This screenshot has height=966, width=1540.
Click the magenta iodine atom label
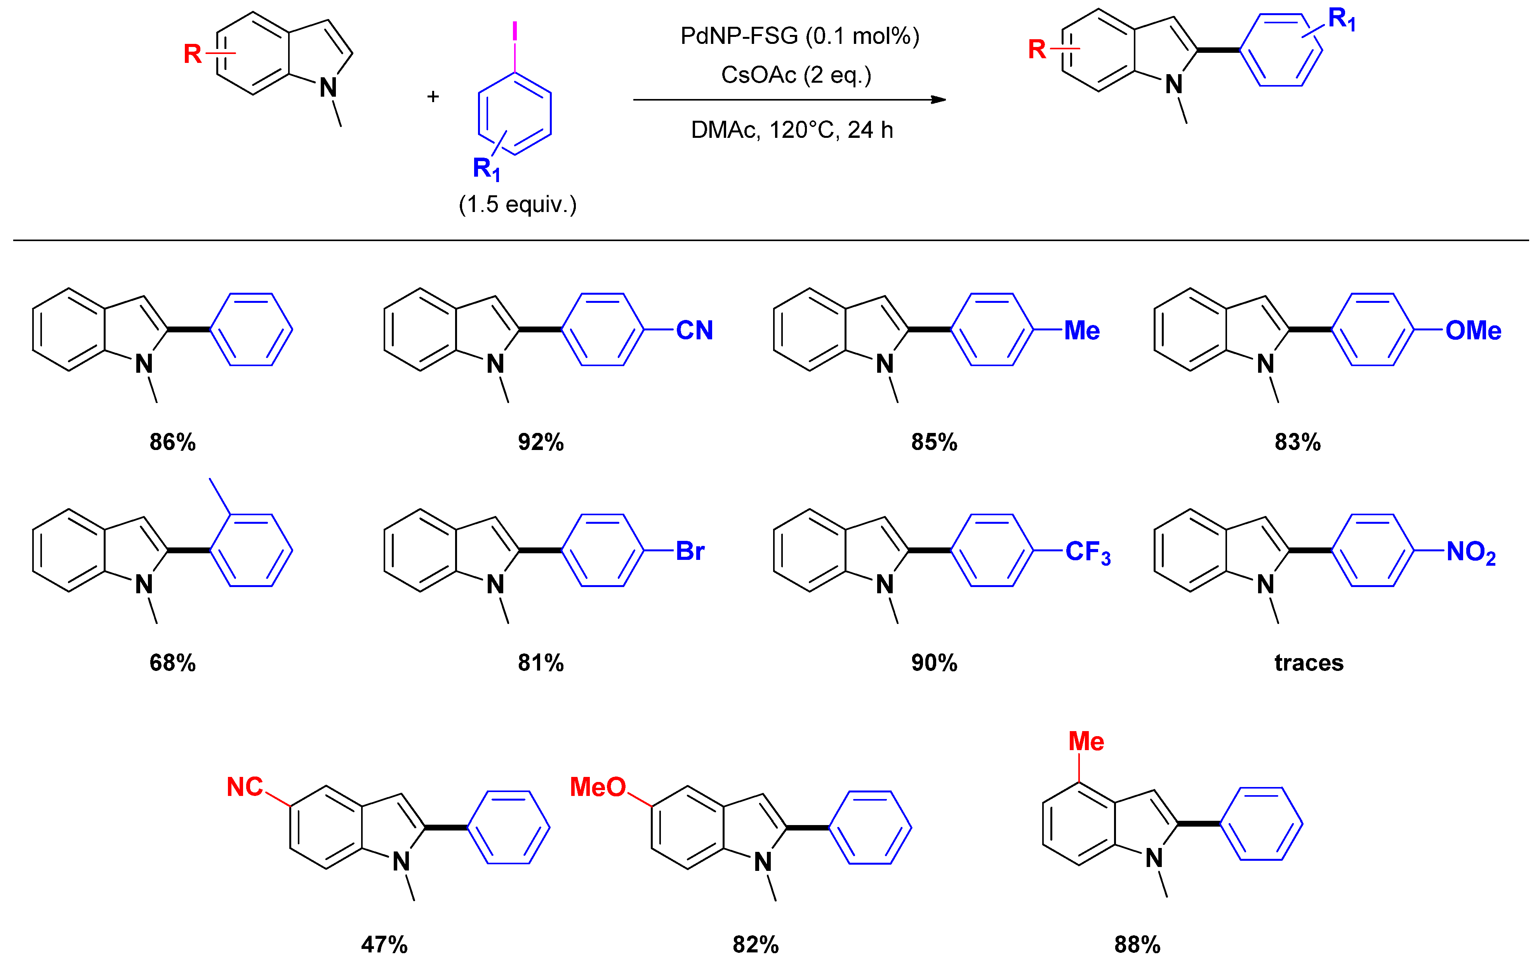pyautogui.click(x=514, y=31)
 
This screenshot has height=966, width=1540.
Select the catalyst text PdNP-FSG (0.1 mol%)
pyautogui.click(x=799, y=36)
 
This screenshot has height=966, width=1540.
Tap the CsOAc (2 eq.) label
pyautogui.click(x=796, y=75)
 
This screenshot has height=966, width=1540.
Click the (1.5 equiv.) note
pyautogui.click(x=517, y=205)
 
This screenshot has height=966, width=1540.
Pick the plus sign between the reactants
pyautogui.click(x=433, y=96)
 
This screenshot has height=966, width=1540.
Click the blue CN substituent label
pyautogui.click(x=694, y=330)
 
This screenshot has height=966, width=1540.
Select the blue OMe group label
pyautogui.click(x=1473, y=330)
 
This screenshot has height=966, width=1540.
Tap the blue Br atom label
pyautogui.click(x=690, y=551)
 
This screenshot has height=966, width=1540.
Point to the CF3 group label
pyautogui.click(x=1088, y=552)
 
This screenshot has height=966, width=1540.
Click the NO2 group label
pyautogui.click(x=1470, y=552)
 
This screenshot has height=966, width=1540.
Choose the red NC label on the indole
pyautogui.click(x=245, y=787)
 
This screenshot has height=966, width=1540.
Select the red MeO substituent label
pyautogui.click(x=597, y=787)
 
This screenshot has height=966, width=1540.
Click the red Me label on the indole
pyautogui.click(x=1086, y=741)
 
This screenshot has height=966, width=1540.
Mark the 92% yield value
pyautogui.click(x=541, y=442)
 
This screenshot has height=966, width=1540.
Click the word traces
pyautogui.click(x=1309, y=663)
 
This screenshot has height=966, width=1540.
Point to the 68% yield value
pyautogui.click(x=172, y=663)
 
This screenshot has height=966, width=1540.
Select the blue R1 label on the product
pyautogui.click(x=1341, y=19)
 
